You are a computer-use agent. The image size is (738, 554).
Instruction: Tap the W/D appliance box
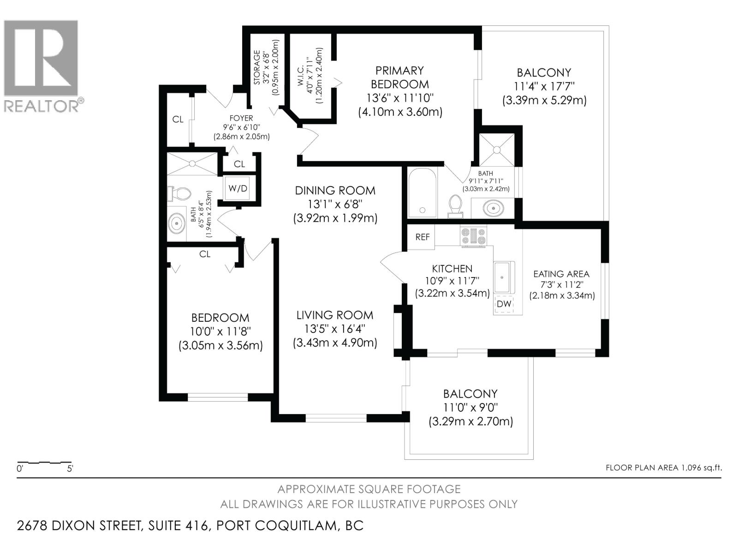point(238,188)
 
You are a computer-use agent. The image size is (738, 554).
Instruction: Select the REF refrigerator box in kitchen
point(422,237)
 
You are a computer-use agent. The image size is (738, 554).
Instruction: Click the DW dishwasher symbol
point(504,304)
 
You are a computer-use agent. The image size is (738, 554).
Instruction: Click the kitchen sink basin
point(504,277)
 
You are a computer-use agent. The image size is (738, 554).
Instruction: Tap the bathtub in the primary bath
point(422,193)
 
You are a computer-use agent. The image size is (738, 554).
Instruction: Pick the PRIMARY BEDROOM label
point(399,77)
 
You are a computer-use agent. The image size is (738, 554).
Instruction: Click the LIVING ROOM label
point(334,315)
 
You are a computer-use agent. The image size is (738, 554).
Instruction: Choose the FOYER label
point(241,118)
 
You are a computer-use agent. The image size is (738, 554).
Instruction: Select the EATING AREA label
point(561,274)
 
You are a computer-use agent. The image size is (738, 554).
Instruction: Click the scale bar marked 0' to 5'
point(44,462)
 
